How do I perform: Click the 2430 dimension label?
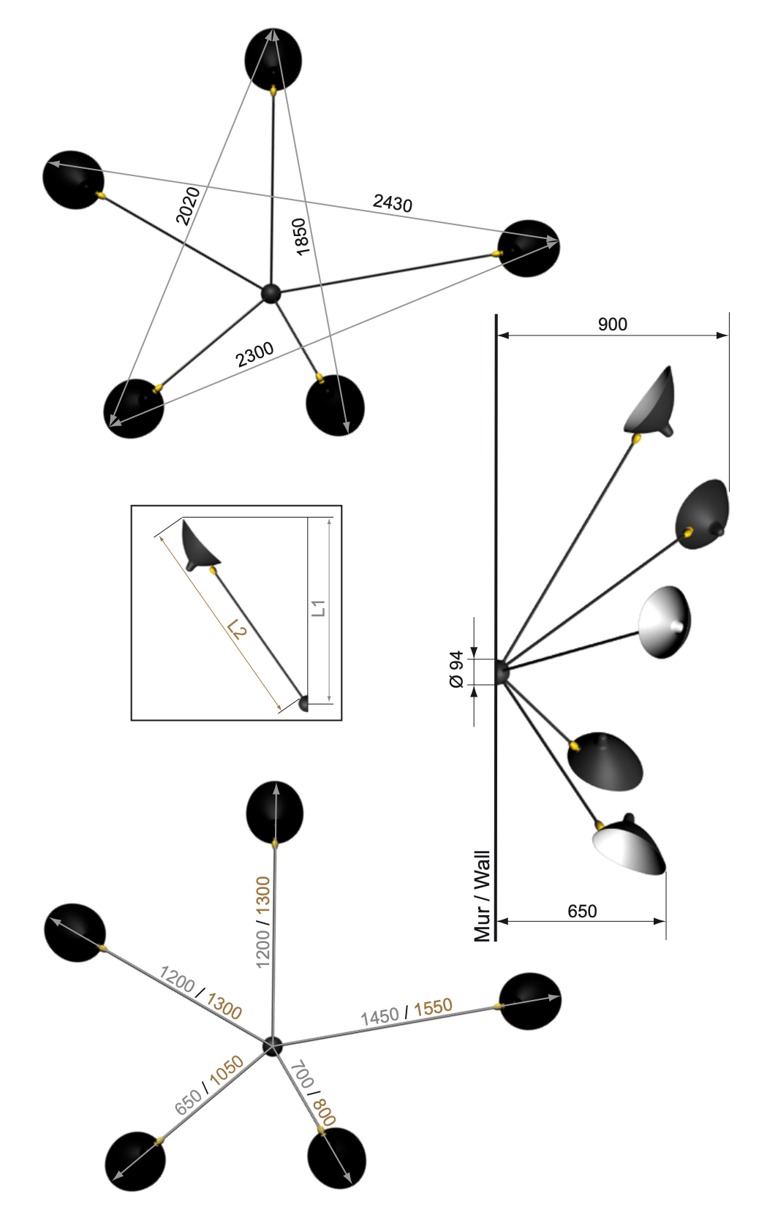tap(393, 202)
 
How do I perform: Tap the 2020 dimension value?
tap(188, 206)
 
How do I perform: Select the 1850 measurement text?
tap(301, 237)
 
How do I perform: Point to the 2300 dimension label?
tap(254, 355)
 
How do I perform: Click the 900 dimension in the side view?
tap(613, 325)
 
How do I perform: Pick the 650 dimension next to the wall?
tap(582, 911)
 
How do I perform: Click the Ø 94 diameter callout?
tap(456, 670)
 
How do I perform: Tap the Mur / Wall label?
tap(482, 896)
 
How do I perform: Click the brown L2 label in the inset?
tap(236, 629)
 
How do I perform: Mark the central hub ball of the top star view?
tap(270, 293)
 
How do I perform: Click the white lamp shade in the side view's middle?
tap(664, 622)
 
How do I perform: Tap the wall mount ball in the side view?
tap(502, 672)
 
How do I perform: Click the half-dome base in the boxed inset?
tap(303, 703)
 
